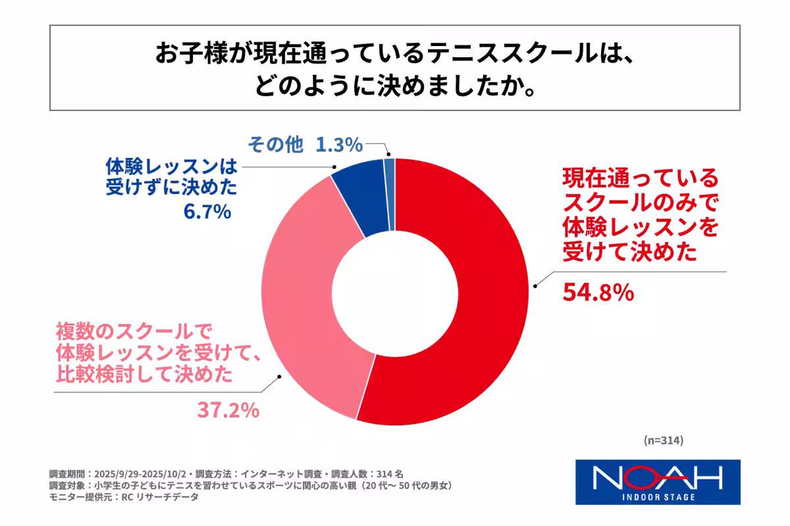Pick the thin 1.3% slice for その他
pos(390,194)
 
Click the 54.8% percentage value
pos(598,293)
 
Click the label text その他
pos(275,144)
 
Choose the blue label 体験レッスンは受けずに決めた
pos(171,177)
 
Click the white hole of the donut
pos(395,291)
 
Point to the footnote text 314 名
pos(394,473)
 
